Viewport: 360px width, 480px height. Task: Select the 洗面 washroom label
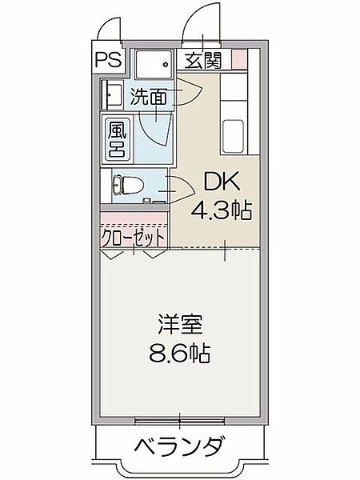tap(149, 98)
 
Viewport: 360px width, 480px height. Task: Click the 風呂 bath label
tap(117, 138)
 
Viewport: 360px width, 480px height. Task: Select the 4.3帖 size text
tap(220, 210)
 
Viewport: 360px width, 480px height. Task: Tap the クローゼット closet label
tap(134, 238)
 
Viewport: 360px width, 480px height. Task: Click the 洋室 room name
tap(180, 326)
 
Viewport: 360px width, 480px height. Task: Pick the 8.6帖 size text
tap(180, 353)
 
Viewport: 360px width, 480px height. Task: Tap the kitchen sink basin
tap(235, 135)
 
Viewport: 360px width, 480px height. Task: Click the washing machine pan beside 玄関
tap(153, 62)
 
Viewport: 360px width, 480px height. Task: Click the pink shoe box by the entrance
tap(238, 58)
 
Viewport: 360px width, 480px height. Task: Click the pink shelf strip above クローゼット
tap(134, 218)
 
